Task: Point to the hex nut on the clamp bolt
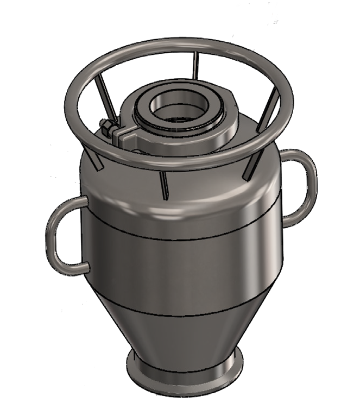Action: (107, 129)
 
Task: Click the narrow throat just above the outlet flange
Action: (185, 356)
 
